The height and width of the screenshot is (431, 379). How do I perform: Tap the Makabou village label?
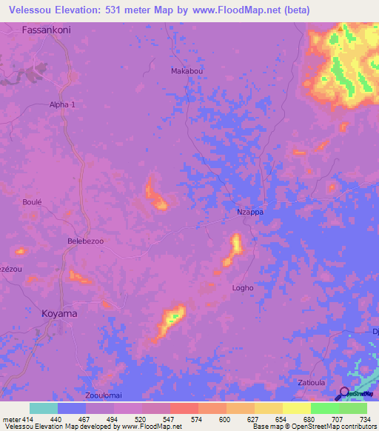point(186,71)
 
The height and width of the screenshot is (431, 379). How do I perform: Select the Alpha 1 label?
point(62,105)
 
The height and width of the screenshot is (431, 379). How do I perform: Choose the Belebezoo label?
point(86,241)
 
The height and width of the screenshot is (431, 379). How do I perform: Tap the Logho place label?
point(243,288)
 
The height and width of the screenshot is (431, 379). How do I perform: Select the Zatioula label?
point(311,383)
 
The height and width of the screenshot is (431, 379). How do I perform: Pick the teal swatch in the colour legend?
point(44,408)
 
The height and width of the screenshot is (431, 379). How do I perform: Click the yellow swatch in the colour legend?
point(297,408)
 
